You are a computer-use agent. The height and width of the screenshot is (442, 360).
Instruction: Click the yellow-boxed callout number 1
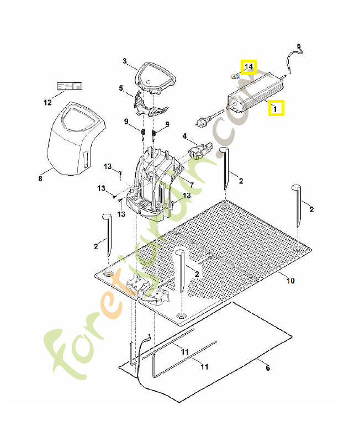pyautogui.click(x=276, y=108)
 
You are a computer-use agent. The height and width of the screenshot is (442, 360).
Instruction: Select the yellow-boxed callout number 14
pyautogui.click(x=248, y=67)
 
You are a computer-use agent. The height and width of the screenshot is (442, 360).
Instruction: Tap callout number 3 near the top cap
pyautogui.click(x=125, y=61)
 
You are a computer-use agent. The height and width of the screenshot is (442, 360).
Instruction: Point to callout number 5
pyautogui.click(x=121, y=88)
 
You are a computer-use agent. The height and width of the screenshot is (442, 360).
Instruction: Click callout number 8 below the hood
pyautogui.click(x=40, y=178)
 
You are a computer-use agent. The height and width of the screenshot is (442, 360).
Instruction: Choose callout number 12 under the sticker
pyautogui.click(x=47, y=102)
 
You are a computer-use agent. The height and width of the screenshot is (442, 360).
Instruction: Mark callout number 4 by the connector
pyautogui.click(x=185, y=136)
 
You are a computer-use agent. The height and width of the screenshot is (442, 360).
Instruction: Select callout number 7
pyautogui.click(x=191, y=185)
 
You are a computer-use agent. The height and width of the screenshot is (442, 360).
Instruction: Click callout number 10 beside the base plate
pyautogui.click(x=290, y=281)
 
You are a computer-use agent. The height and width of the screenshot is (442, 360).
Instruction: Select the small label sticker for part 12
pyautogui.click(x=69, y=86)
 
